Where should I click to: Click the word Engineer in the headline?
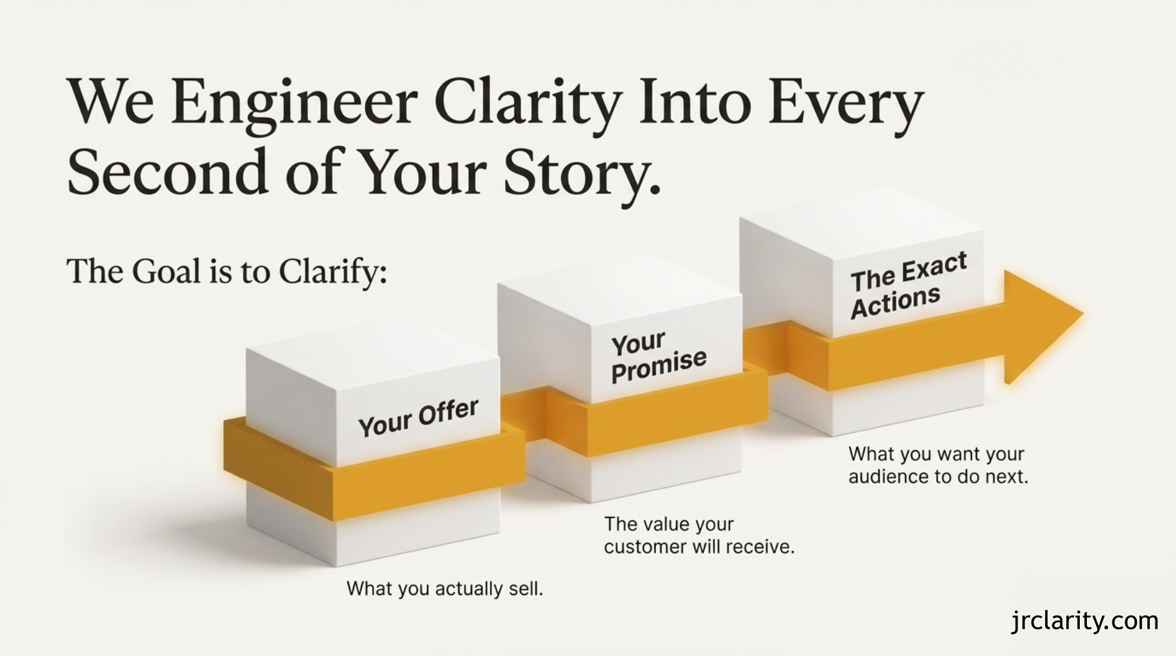click(294, 102)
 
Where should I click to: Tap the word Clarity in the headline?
click(528, 102)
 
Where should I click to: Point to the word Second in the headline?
click(167, 172)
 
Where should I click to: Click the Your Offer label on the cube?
click(418, 417)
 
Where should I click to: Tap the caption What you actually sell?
click(444, 588)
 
